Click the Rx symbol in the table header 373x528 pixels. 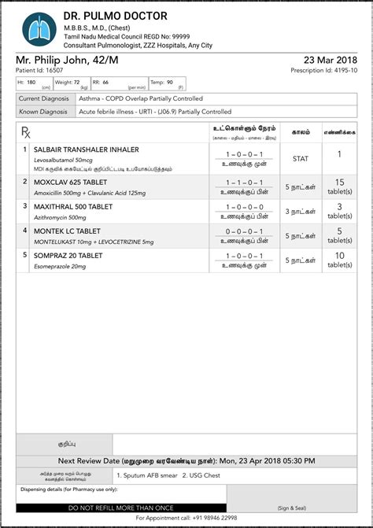coord(25,132)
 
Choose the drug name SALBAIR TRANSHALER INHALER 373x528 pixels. coord(87,149)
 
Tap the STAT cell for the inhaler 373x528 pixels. coord(300,158)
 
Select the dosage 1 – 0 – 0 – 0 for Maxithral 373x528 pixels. coord(244,207)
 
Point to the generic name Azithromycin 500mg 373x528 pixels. coord(61,217)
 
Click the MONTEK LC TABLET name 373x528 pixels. coord(68,231)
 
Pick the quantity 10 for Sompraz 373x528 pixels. coord(339,256)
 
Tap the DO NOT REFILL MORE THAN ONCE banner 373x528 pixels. coord(121,508)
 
